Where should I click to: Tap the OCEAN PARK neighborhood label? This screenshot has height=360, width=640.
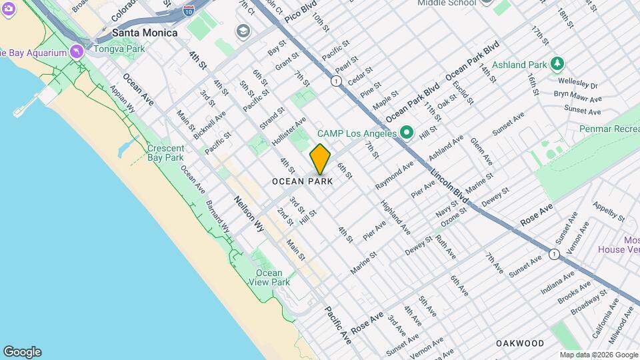[x=302, y=181]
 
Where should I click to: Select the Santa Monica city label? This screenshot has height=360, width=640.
[x=145, y=33]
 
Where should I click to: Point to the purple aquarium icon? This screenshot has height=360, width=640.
[x=79, y=52]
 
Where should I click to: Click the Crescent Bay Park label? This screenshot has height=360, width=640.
[x=165, y=153]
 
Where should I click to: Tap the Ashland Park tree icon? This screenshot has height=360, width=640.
[x=557, y=64]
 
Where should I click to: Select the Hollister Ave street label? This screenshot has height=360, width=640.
[x=289, y=131]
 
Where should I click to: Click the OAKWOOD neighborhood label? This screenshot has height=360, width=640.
[x=520, y=343]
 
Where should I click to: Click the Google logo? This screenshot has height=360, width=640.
[x=22, y=351]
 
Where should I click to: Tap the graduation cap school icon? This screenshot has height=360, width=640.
[x=242, y=31]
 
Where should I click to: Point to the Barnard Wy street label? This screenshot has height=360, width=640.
[x=218, y=217]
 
